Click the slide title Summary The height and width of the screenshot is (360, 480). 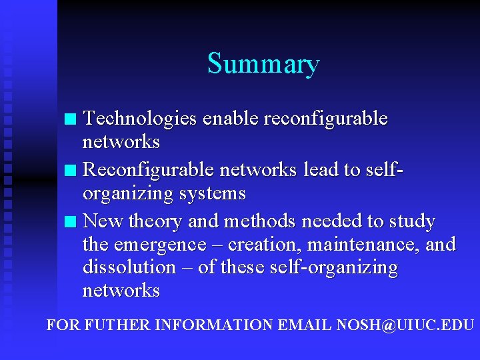[x=263, y=64]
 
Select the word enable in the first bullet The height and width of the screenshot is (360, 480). [x=231, y=119]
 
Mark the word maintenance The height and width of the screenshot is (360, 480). [x=367, y=245]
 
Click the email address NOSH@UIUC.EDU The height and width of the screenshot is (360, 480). [x=405, y=325]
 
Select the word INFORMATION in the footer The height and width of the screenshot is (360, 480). [x=213, y=325]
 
